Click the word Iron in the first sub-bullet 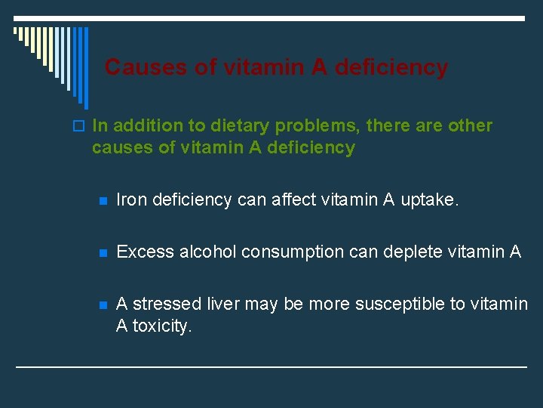pos(130,199)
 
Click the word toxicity pos(162,325)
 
